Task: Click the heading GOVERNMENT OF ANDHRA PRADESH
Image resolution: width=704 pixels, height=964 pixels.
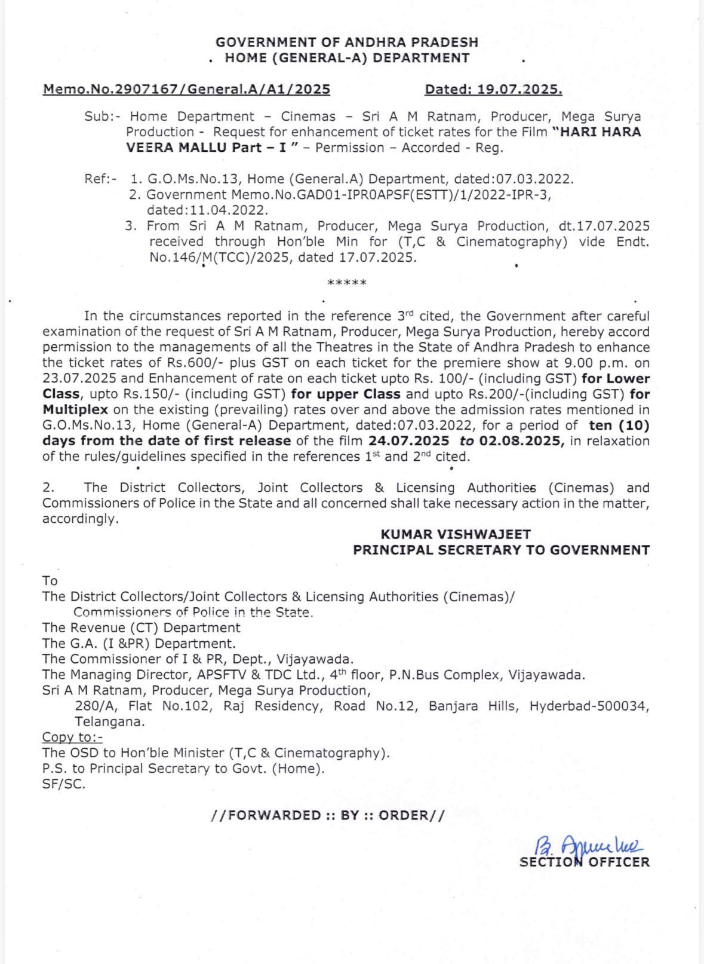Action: (x=346, y=42)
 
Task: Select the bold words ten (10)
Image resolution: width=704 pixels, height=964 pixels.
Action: (x=619, y=426)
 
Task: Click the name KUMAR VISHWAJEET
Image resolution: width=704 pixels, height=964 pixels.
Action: (x=456, y=534)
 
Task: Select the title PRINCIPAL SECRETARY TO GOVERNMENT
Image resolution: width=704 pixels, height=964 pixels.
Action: (x=501, y=550)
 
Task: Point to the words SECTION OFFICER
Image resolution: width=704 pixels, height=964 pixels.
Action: (x=584, y=862)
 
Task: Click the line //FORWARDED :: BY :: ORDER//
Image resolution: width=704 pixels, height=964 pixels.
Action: (x=327, y=815)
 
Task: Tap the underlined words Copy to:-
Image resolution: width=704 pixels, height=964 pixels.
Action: (x=72, y=737)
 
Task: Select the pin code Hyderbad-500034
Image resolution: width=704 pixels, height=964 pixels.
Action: (x=589, y=706)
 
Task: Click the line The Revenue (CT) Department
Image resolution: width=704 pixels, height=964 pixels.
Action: (x=141, y=628)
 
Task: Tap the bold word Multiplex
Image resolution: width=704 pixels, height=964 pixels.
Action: (x=75, y=410)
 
